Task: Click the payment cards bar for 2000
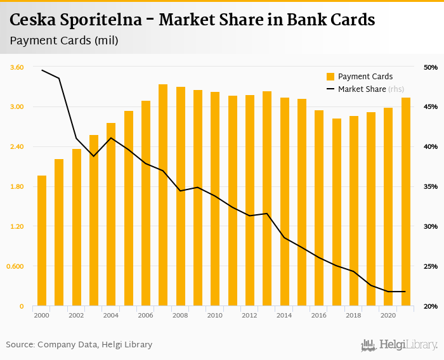click(42, 241)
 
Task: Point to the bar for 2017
click(337, 212)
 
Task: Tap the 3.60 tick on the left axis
click(16, 67)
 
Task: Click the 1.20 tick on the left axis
click(16, 226)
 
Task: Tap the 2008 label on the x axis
click(180, 315)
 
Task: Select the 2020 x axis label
click(388, 315)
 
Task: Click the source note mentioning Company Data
click(79, 345)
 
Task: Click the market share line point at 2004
click(111, 138)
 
